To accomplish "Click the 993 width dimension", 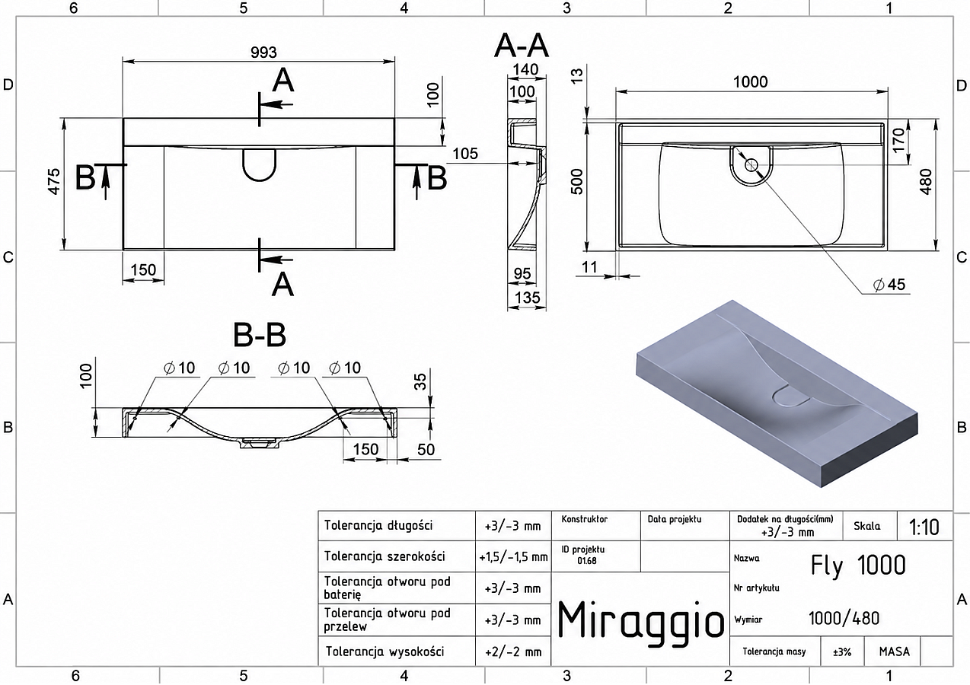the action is (x=263, y=53).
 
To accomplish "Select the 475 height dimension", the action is (x=54, y=181).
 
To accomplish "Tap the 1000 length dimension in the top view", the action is (x=751, y=81).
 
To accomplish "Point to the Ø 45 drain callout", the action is (x=889, y=285).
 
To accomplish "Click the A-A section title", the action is (x=522, y=46).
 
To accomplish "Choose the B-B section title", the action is (x=260, y=335).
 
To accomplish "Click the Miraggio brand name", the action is (x=640, y=620).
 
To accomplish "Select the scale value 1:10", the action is (x=924, y=527).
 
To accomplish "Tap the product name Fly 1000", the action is (x=858, y=566).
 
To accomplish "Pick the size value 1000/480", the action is (x=844, y=618).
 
